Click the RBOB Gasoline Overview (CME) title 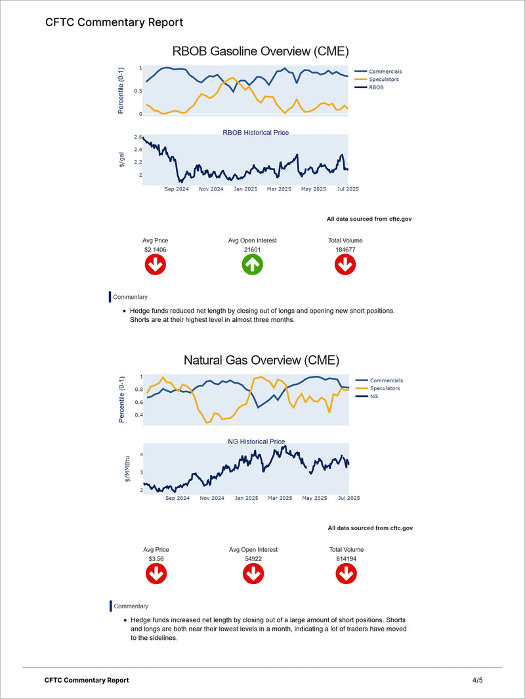[x=260, y=51]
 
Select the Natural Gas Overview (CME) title [x=261, y=360]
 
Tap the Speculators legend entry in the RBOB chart [x=383, y=79]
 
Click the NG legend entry [x=374, y=396]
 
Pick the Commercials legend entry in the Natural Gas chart [x=386, y=380]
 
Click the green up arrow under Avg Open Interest [x=253, y=265]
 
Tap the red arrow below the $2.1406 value [x=155, y=265]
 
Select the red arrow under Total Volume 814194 [x=346, y=574]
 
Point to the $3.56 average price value [x=156, y=558]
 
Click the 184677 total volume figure [x=345, y=250]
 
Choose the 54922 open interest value [x=253, y=558]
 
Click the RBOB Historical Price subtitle [x=256, y=133]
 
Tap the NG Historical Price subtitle [x=256, y=441]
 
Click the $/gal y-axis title [x=121, y=160]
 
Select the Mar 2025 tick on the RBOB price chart [x=279, y=189]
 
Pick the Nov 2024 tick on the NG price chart [x=212, y=498]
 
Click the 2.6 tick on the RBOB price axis [x=138, y=137]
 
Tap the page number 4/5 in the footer [x=477, y=680]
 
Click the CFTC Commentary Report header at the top [x=114, y=22]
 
